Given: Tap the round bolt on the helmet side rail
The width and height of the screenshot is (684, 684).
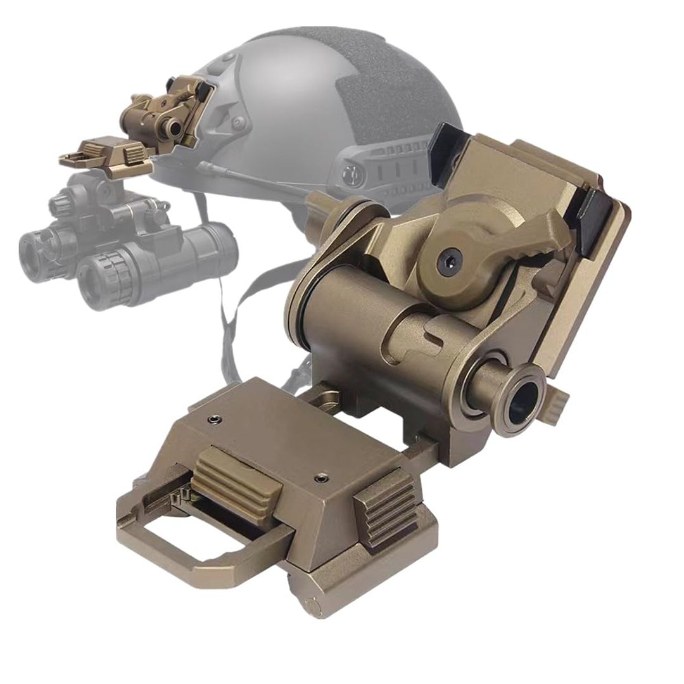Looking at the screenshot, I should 351,174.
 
